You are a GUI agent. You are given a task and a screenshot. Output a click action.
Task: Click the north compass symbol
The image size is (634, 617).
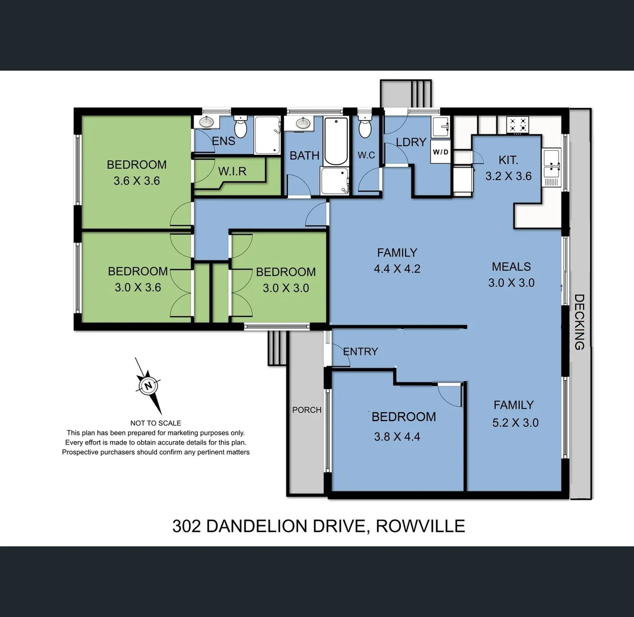[148, 386]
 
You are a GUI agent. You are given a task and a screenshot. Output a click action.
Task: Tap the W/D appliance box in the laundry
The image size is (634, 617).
[440, 152]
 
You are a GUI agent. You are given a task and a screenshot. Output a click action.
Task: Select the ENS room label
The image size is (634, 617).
[223, 141]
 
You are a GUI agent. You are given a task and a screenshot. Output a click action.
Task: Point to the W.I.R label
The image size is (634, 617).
[232, 171]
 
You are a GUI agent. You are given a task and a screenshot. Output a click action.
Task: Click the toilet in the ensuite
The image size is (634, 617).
[240, 127]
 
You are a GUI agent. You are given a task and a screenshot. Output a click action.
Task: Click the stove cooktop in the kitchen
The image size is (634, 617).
[518, 125]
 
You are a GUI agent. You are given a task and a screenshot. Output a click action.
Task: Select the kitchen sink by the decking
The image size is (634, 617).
[552, 162]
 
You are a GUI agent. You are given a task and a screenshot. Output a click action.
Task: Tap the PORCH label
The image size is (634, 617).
[307, 410]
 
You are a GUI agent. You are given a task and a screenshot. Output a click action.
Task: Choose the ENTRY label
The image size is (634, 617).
[360, 351]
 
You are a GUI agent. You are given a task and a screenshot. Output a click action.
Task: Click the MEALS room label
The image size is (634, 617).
[511, 267]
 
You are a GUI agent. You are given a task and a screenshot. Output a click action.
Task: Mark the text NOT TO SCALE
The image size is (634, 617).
[156, 423]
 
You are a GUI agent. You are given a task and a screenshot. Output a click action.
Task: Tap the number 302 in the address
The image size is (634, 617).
[186, 526]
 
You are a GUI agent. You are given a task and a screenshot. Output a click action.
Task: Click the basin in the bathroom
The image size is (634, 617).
[303, 123]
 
